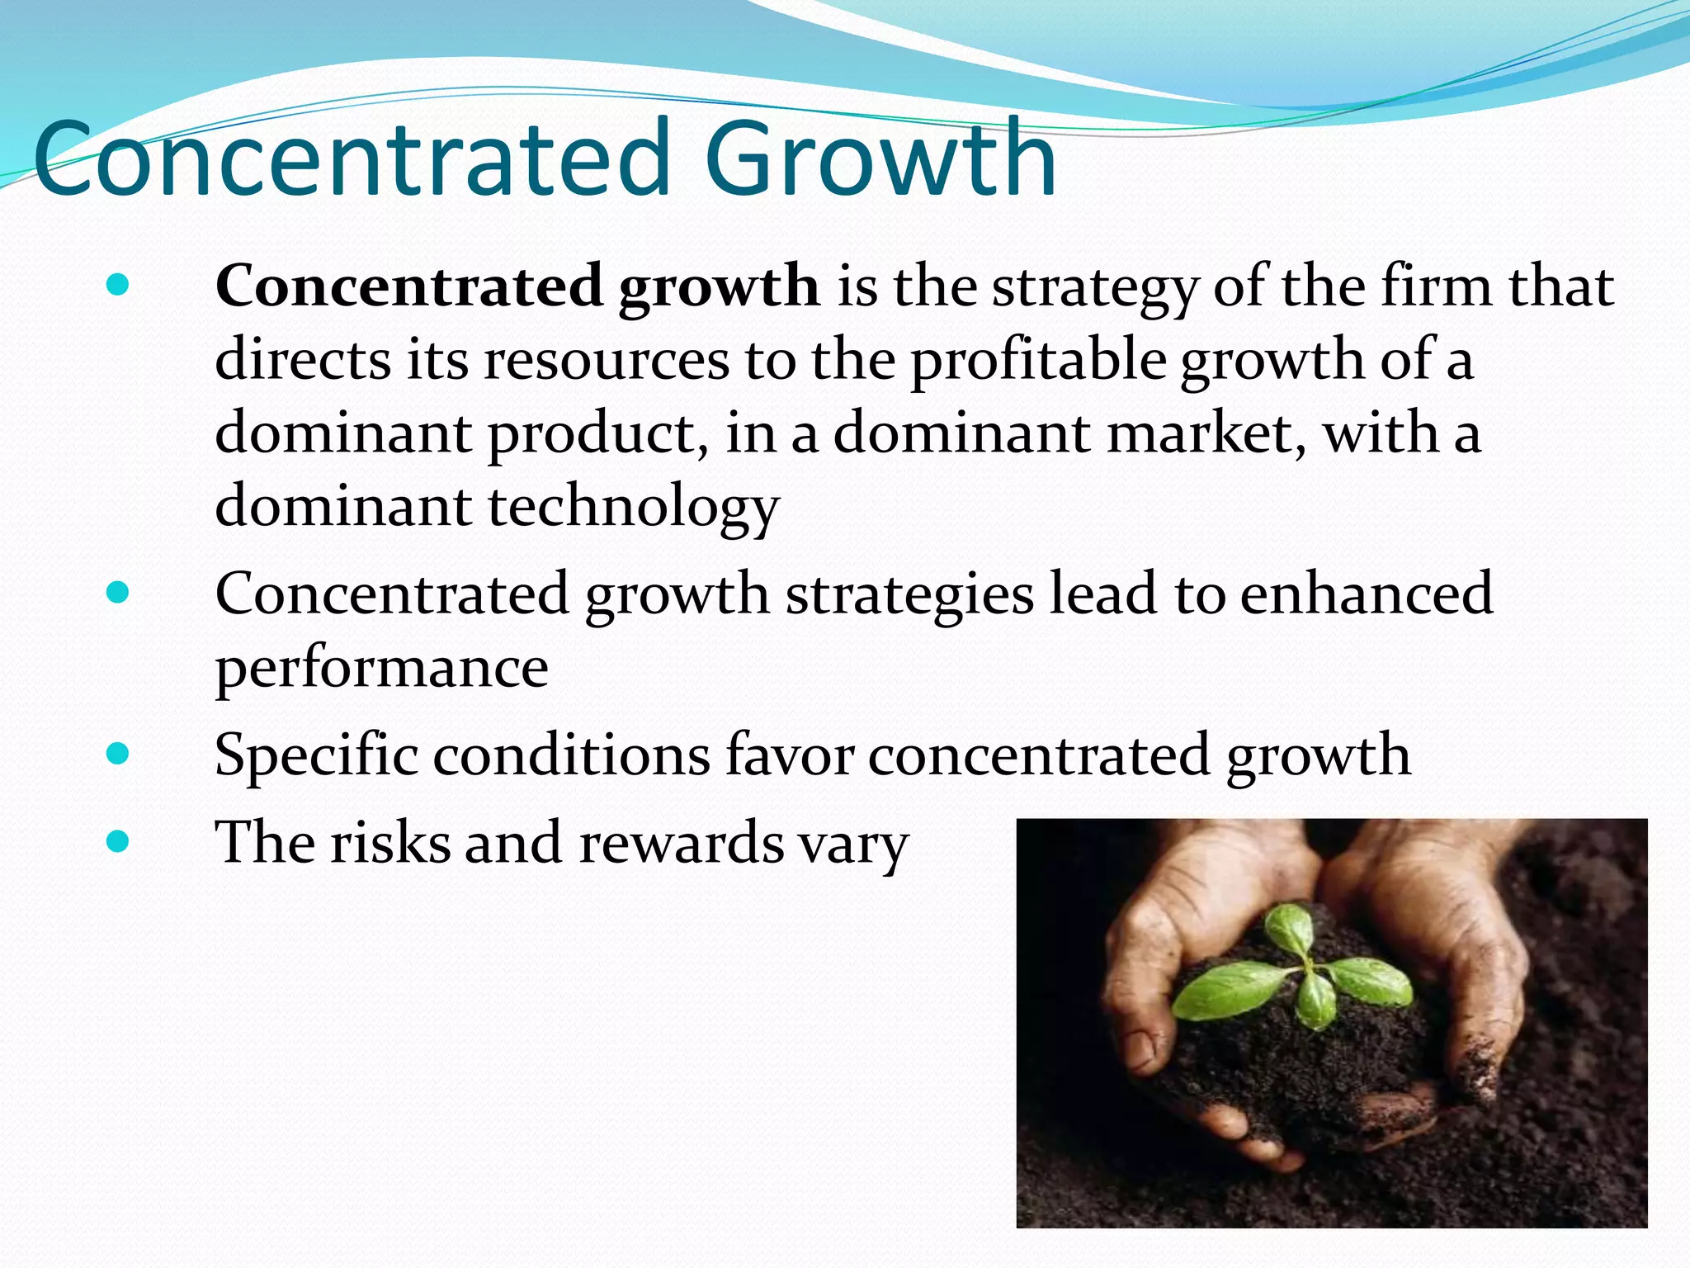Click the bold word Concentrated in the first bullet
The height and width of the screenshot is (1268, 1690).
click(x=409, y=286)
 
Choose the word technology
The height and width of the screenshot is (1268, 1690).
click(x=634, y=507)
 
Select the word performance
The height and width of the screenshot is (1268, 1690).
click(x=381, y=668)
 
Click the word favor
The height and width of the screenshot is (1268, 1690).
click(x=789, y=755)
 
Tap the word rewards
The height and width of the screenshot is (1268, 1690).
click(x=681, y=843)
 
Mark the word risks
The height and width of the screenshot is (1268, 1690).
click(x=390, y=843)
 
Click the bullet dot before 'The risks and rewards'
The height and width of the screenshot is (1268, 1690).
click(x=119, y=841)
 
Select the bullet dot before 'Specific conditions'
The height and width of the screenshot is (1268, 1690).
click(x=119, y=753)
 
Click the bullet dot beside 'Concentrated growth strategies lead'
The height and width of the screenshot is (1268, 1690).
click(x=119, y=593)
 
